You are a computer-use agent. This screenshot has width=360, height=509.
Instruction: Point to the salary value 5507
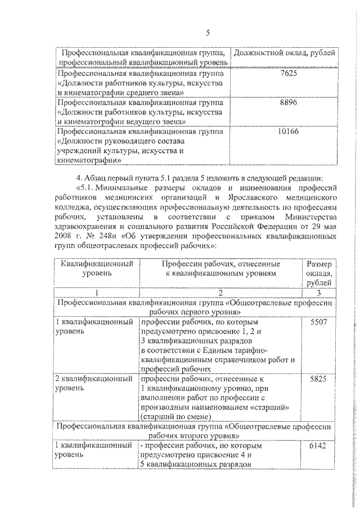tap(318, 323)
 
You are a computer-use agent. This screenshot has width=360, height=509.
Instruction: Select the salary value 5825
tap(318, 380)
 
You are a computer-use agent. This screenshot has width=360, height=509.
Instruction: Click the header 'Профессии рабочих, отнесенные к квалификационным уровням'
tap(220, 268)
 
